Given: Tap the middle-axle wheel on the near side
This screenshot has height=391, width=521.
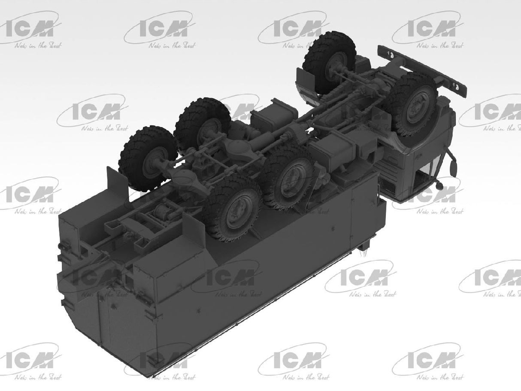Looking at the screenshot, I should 287,176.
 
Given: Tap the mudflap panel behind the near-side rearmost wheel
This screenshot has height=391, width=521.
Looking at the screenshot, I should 189,232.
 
